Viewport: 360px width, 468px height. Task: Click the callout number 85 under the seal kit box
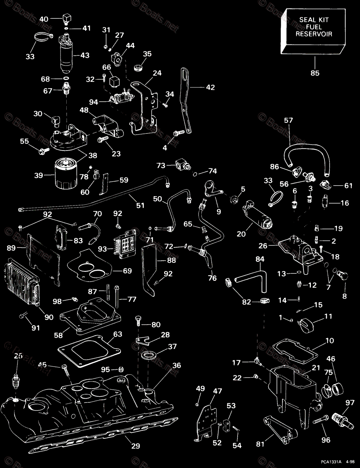(x=314, y=73)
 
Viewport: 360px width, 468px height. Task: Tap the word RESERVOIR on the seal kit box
(x=314, y=34)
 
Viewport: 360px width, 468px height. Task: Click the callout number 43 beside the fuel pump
(x=85, y=55)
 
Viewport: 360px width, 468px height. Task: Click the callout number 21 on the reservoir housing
(x=316, y=368)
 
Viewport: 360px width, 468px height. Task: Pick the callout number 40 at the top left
(x=44, y=19)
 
